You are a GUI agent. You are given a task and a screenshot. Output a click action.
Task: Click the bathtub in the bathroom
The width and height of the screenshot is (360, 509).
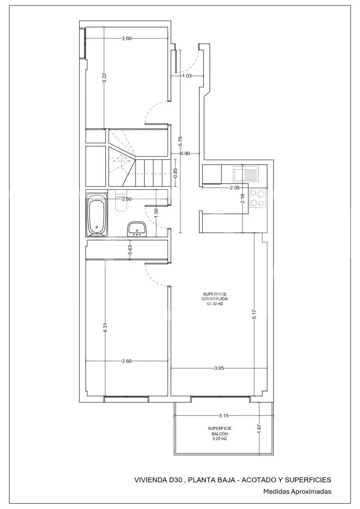pos(97,215)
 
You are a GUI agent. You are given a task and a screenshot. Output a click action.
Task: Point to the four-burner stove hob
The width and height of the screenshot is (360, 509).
pos(257,198)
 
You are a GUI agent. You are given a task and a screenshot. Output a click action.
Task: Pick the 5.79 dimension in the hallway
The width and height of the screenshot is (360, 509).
pos(180,141)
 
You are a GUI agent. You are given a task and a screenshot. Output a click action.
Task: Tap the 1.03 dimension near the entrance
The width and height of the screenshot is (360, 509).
pos(187,76)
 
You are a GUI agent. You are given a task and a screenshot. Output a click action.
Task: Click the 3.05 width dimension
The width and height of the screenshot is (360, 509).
pos(219,368)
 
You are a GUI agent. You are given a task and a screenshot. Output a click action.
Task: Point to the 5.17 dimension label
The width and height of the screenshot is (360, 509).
pos(254,314)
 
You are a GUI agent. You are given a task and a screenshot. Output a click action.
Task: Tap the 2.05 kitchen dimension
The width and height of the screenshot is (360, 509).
pos(235,187)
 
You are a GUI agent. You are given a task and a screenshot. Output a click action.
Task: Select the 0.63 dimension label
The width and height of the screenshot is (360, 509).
pos(130,249)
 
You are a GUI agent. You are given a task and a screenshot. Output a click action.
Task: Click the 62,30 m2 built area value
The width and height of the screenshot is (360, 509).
pos(214,304)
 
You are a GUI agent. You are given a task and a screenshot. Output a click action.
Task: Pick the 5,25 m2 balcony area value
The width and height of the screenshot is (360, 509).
pos(219,439)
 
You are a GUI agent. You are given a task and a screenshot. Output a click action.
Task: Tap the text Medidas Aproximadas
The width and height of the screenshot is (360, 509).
pos(297,492)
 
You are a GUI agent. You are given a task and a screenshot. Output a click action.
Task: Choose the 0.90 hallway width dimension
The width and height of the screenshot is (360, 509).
pos(185,154)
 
